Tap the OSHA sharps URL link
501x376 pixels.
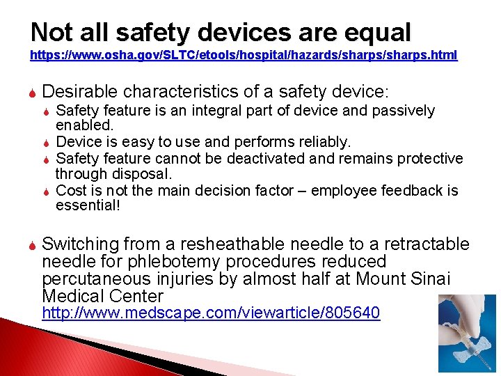244,56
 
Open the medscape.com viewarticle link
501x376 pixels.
211,313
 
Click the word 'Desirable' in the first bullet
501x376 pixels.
79,91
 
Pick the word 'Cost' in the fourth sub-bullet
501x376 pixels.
70,190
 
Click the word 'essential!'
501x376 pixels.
88,205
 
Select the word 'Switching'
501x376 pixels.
81,244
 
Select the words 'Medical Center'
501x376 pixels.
102,297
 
